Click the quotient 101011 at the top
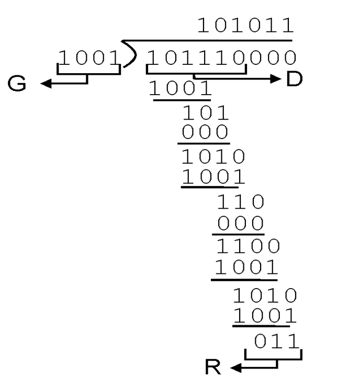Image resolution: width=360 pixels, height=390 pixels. (x=245, y=26)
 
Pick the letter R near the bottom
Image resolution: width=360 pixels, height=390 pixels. (x=213, y=369)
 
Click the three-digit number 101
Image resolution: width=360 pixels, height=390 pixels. (x=205, y=113)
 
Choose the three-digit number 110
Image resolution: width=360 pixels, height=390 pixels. (x=240, y=201)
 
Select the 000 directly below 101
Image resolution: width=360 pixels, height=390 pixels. (x=205, y=131)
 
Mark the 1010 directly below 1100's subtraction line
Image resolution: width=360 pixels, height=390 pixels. (x=264, y=296)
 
